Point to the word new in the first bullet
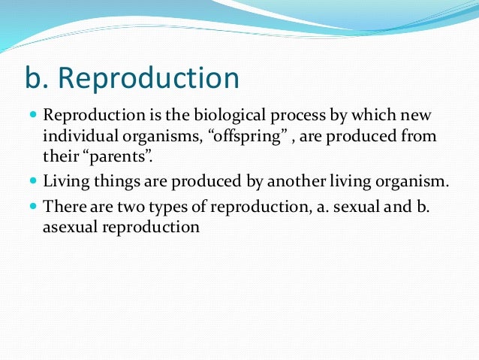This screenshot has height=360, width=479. coord(420,116)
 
